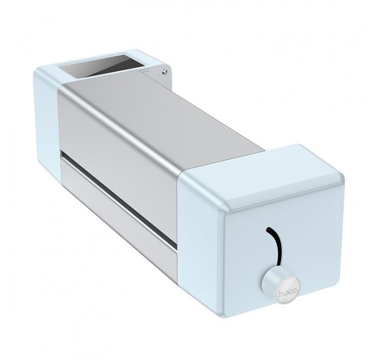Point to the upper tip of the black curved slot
(266, 228)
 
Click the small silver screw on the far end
(165, 71)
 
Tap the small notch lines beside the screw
(144, 71)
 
